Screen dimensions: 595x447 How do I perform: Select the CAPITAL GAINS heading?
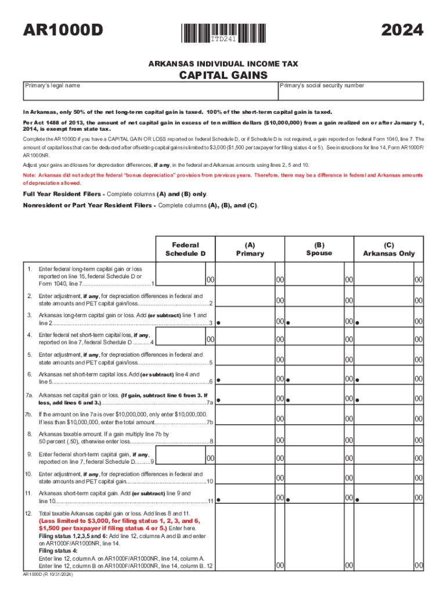(223, 75)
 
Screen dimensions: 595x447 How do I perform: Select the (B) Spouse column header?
(319, 249)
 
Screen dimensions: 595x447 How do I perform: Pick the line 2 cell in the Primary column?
(251, 300)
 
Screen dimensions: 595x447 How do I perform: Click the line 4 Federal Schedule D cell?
(187, 339)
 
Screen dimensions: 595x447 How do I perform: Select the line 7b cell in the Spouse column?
(319, 418)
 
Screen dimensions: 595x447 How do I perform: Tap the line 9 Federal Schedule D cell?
(187, 458)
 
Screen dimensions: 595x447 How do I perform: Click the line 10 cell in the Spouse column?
(319, 478)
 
